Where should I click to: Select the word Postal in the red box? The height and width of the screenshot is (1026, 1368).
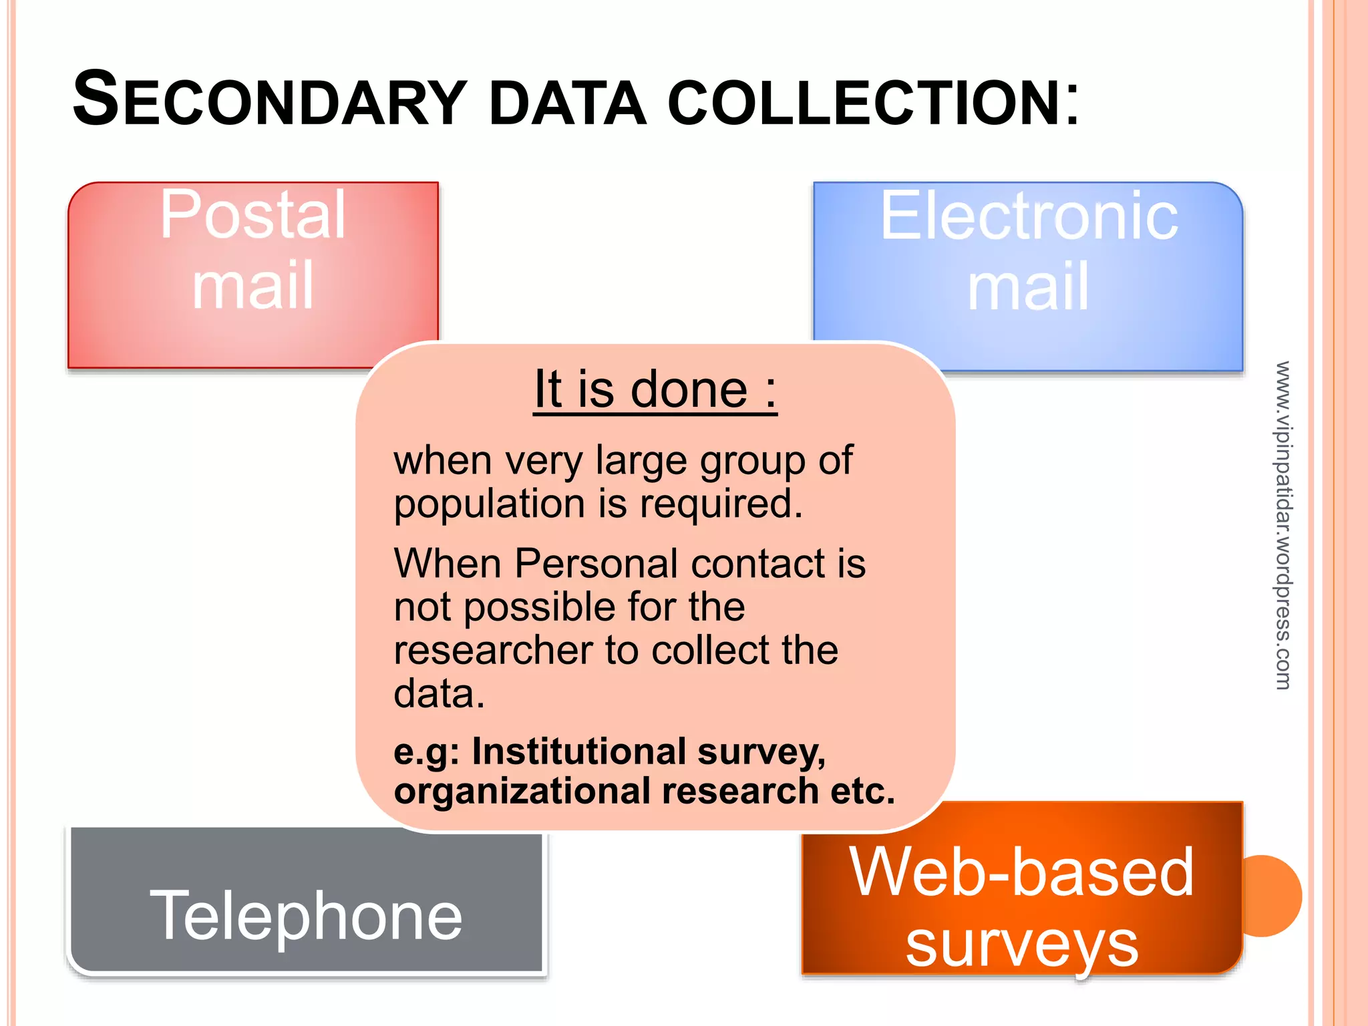click(x=252, y=215)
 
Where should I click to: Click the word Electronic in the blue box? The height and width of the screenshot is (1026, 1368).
click(x=1029, y=216)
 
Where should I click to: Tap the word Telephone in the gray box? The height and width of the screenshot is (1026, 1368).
click(x=306, y=916)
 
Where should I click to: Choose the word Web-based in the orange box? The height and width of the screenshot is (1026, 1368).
click(x=1021, y=872)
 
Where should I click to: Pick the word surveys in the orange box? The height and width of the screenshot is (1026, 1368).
click(x=1021, y=945)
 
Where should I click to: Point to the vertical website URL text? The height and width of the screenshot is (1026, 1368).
click(x=1283, y=525)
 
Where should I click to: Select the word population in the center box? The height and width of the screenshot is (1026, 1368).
click(x=490, y=504)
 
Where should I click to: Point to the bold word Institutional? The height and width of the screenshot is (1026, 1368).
click(x=578, y=752)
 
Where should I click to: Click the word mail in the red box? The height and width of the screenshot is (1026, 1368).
click(x=252, y=286)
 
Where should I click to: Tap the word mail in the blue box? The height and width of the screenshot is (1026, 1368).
click(x=1028, y=287)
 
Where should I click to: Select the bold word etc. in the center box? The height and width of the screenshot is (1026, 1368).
click(x=862, y=792)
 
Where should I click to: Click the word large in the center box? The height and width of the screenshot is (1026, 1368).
click(x=641, y=461)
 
